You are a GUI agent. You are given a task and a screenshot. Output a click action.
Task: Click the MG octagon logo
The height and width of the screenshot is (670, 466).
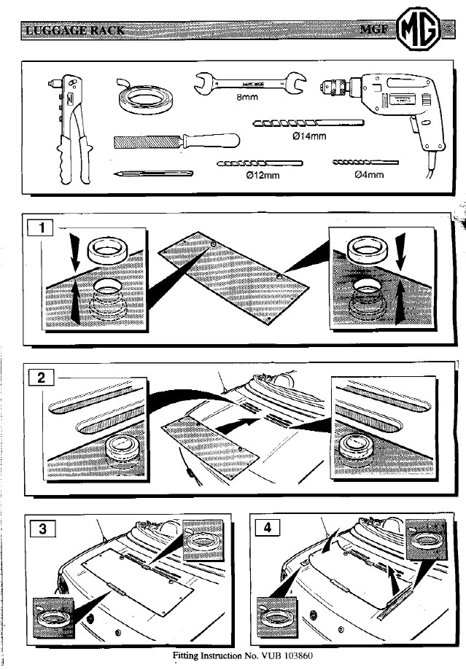click(421, 30)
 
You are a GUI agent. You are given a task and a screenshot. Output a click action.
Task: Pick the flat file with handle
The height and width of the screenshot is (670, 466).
click(176, 140)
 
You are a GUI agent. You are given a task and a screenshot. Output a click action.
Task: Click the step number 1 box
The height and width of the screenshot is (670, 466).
click(41, 228)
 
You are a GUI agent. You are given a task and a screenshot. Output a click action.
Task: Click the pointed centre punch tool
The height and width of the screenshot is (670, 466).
click(153, 174)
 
